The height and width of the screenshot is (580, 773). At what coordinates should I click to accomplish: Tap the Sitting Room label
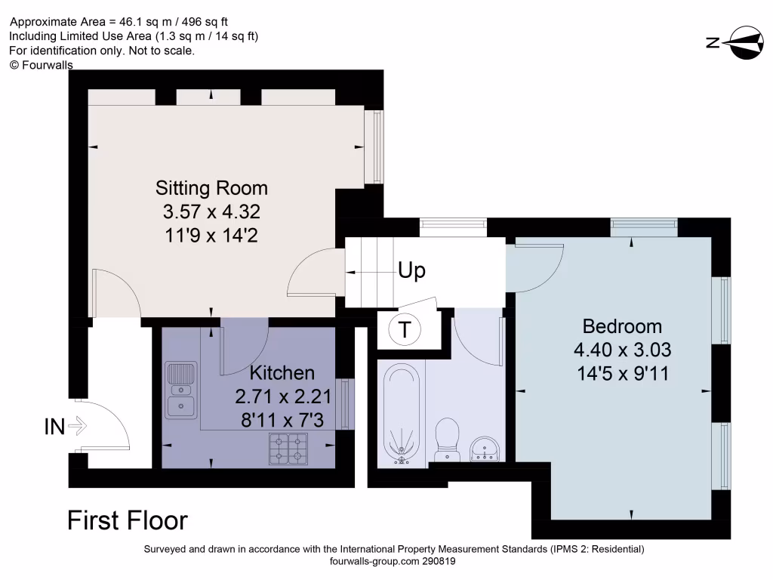(211, 187)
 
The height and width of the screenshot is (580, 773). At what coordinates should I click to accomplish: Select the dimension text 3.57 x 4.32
(211, 211)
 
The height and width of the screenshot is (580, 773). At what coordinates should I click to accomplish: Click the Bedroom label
(622, 326)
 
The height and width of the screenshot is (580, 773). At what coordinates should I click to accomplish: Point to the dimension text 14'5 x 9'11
(622, 373)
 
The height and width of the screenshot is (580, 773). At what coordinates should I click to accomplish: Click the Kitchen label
(282, 372)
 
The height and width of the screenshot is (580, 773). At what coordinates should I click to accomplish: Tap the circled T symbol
(405, 329)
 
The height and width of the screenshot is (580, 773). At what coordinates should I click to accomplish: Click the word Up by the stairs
(411, 270)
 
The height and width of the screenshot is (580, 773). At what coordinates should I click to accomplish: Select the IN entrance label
(54, 427)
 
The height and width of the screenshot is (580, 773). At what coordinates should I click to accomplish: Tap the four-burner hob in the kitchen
(288, 449)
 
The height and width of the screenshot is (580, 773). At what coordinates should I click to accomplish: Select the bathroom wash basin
(483, 449)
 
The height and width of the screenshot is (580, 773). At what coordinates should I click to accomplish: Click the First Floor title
(128, 520)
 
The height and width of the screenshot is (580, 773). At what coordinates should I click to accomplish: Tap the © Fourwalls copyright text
(41, 65)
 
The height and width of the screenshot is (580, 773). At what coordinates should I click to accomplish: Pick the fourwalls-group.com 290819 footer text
(393, 562)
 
